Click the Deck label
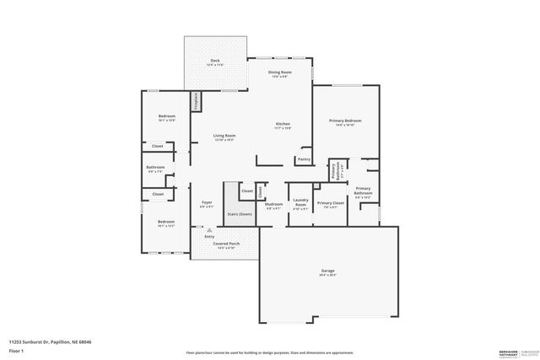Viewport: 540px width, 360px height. [215, 62]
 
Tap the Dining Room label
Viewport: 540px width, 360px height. [279, 73]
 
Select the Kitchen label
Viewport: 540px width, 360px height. [283, 126]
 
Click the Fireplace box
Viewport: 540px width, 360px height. [197, 101]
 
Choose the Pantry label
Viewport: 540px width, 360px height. [304, 159]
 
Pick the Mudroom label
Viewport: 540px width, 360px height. [274, 205]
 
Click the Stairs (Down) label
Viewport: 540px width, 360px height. [239, 214]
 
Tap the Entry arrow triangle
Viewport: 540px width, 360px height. [210, 228]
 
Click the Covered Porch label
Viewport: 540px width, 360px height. [228, 245]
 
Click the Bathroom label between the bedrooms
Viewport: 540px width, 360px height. [155, 169]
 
